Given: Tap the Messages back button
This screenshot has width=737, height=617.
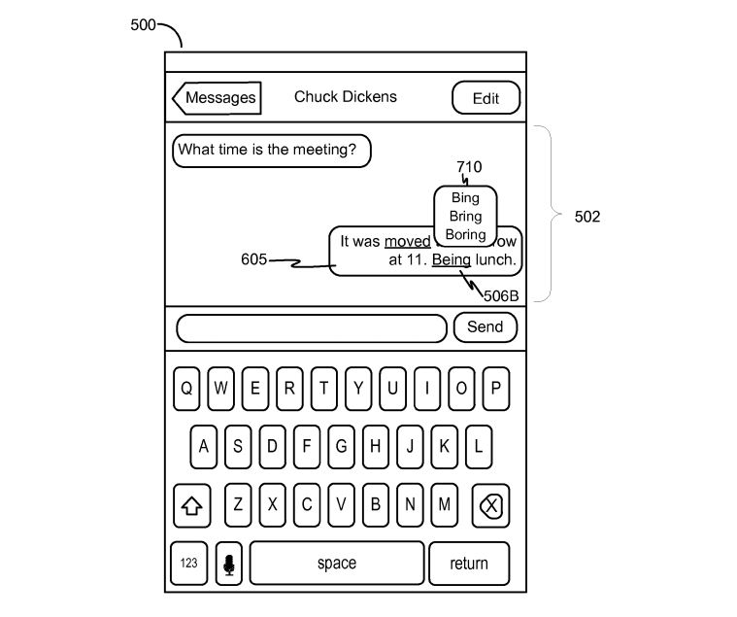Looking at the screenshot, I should pos(217,98).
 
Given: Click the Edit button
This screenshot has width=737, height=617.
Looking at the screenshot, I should pos(486,98).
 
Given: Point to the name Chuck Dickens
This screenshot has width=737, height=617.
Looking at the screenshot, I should pos(346,97).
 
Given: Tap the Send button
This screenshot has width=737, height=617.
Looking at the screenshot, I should pos(485,327).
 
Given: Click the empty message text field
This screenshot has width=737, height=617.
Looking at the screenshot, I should pos(311,328).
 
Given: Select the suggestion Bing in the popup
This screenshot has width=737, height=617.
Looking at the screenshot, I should pos(465,198).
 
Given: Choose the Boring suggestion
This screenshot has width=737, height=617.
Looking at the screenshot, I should pos(465,235).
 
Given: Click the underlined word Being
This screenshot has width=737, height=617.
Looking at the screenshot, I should pos(452,260).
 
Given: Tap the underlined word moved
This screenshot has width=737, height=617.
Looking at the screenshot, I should pos(408,241).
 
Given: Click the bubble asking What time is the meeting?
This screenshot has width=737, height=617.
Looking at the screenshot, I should pos(272,151).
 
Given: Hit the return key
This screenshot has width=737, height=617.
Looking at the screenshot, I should pos(469,564).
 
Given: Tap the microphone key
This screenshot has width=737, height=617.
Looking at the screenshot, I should pos(229,564).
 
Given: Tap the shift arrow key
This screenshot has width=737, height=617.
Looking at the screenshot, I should pos(192,506).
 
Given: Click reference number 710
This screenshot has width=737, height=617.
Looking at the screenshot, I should pos(468,167).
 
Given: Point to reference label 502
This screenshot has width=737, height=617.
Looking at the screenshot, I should pos(586,217).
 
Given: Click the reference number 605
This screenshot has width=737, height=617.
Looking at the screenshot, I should pos(254,259).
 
